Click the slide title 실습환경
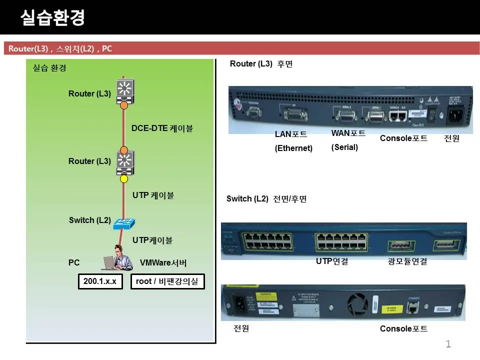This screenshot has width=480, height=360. (x=52, y=18)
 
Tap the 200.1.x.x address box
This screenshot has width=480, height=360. (x=100, y=281)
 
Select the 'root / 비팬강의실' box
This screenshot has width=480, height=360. (x=167, y=281)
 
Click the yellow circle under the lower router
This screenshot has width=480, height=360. (x=124, y=178)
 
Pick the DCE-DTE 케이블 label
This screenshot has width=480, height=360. (x=162, y=128)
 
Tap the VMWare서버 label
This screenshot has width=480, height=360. (x=163, y=262)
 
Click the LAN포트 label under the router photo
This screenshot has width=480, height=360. (x=291, y=134)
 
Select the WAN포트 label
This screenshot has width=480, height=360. (x=348, y=133)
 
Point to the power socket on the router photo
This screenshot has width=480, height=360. (x=456, y=115)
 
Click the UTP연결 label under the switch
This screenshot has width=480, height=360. (x=332, y=261)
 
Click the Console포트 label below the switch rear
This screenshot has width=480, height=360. (x=404, y=328)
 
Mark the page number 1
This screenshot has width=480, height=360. (x=448, y=343)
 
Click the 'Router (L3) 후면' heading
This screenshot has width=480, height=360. (x=261, y=64)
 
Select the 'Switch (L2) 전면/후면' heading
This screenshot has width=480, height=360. (x=266, y=199)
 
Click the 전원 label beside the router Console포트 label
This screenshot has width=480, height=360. (x=451, y=138)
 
